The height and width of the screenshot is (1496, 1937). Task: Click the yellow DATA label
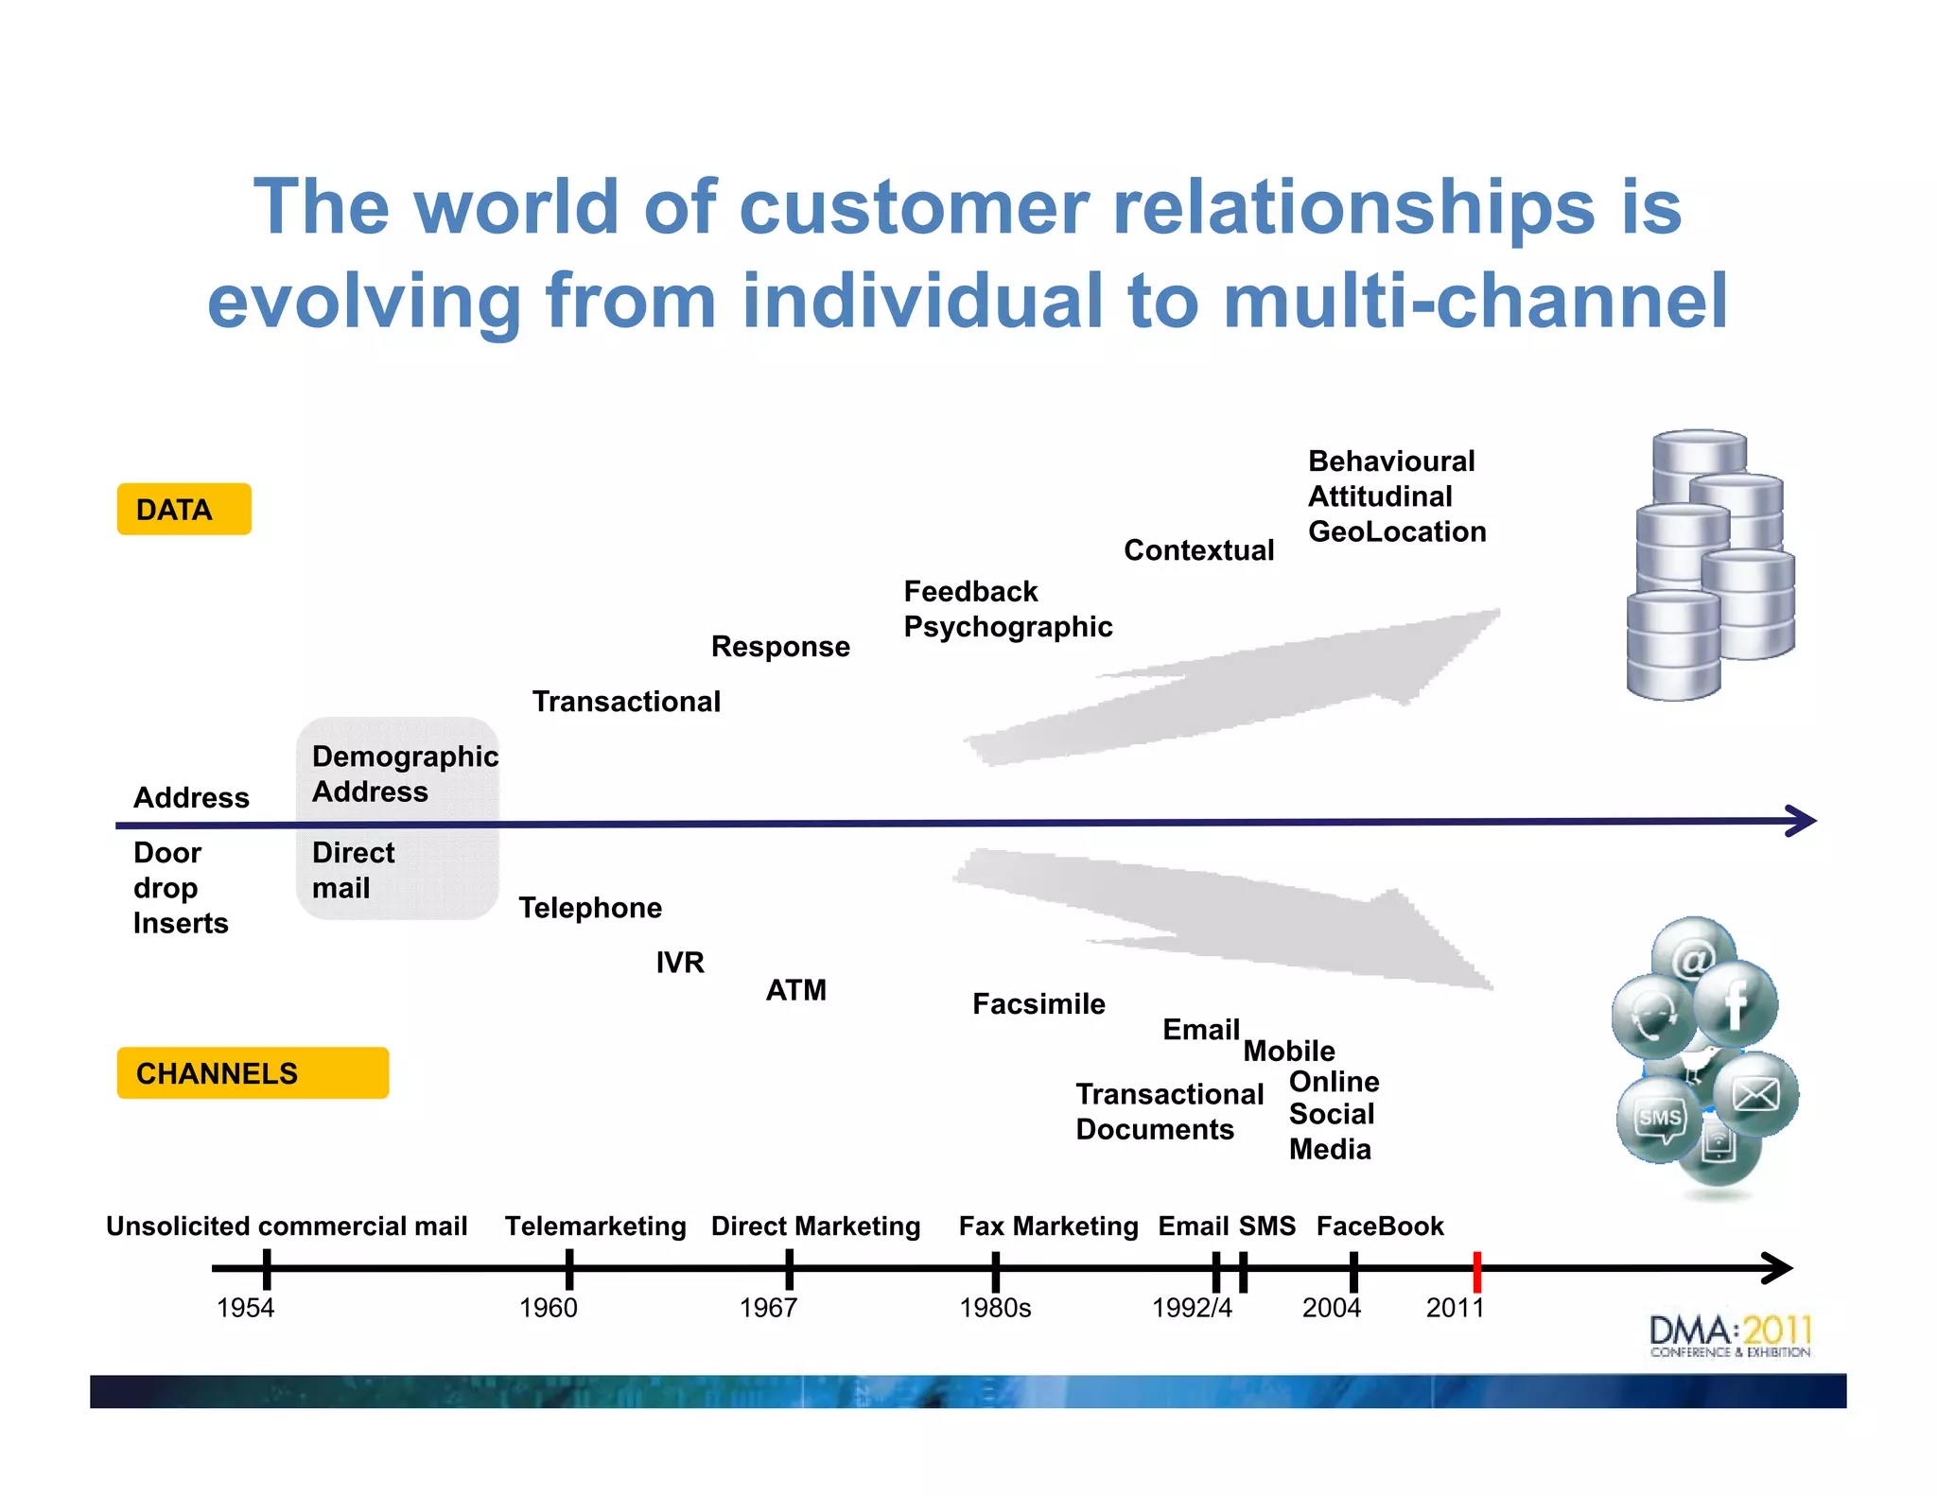click(x=183, y=510)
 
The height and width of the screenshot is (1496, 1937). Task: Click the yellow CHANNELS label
click(x=252, y=1073)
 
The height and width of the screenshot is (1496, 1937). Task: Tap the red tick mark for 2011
click(x=1476, y=1271)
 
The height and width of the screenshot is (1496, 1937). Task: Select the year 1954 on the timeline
click(x=245, y=1308)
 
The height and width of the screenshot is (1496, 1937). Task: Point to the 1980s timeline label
click(x=994, y=1308)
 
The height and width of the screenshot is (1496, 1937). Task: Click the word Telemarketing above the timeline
click(x=595, y=1226)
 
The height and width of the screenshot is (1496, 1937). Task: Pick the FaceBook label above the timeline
click(x=1380, y=1226)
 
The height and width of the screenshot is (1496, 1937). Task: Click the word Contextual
click(x=1198, y=550)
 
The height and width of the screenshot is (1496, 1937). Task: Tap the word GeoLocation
click(x=1396, y=531)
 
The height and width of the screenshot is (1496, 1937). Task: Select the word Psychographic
click(x=1007, y=627)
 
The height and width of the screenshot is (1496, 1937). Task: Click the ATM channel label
click(x=795, y=990)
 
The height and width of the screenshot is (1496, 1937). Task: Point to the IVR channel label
click(x=680, y=963)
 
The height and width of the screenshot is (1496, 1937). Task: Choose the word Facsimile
click(x=1038, y=1004)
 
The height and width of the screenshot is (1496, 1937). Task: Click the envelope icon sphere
click(x=1755, y=1094)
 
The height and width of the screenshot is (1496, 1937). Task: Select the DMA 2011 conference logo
click(x=1730, y=1335)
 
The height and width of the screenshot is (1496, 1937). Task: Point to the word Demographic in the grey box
click(x=405, y=757)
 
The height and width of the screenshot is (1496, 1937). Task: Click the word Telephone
click(x=590, y=908)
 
